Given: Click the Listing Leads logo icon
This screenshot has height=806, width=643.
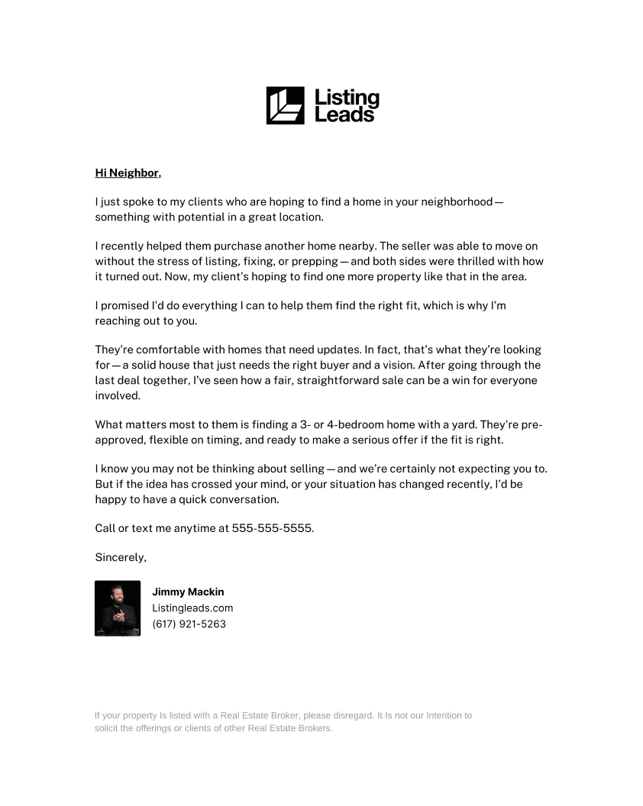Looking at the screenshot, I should [285, 105].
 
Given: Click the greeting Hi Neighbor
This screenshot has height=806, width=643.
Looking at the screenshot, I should [128, 173].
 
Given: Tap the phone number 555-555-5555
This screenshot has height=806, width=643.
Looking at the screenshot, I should [273, 528].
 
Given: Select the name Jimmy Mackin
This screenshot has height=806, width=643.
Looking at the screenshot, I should [188, 592].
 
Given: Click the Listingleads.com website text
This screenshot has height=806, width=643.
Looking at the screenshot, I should [192, 608].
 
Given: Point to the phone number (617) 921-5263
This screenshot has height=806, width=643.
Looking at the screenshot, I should [189, 624].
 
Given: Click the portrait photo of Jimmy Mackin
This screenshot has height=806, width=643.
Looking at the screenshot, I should [118, 608].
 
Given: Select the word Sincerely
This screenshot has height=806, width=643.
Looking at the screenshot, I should [120, 558].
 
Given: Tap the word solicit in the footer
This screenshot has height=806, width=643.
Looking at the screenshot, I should [106, 729].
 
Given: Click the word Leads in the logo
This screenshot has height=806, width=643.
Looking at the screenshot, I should [345, 115].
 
